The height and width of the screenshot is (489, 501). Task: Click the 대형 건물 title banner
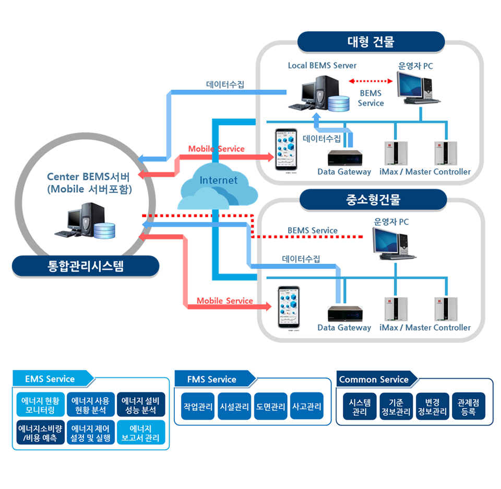pyautogui.click(x=371, y=42)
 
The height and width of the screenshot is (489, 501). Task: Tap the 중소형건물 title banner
pyautogui.click(x=373, y=200)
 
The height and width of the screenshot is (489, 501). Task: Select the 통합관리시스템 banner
pyautogui.click(x=86, y=266)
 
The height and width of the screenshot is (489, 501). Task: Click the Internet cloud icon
pyautogui.click(x=218, y=187)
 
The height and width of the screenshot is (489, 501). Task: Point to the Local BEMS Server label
pyautogui.click(x=322, y=66)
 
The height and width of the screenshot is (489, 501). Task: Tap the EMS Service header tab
pyautogui.click(x=51, y=379)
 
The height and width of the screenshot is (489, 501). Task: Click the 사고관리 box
pyautogui.click(x=307, y=406)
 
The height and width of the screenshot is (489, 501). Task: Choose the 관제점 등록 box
pyautogui.click(x=468, y=406)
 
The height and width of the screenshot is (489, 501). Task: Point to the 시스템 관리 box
pyautogui.click(x=360, y=406)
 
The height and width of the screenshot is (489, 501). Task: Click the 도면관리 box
pyautogui.click(x=270, y=406)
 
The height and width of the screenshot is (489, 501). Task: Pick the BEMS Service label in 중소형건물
pyautogui.click(x=312, y=230)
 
